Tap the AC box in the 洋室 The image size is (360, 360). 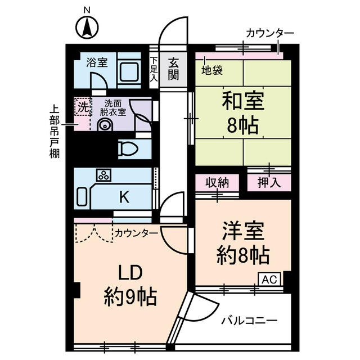[x=269, y=279]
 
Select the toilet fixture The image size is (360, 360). [x=128, y=148]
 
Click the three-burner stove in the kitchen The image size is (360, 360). [x=104, y=175]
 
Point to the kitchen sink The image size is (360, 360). [x=82, y=197]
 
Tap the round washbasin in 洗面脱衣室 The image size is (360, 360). [x=105, y=125]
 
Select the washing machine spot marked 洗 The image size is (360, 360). [x=83, y=106]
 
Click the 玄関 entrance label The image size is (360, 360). [x=173, y=69]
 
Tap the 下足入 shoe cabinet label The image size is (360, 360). [x=154, y=69]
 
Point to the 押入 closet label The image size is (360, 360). [x=269, y=183]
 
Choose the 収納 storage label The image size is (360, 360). [x=217, y=183]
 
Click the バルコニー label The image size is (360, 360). [x=250, y=321]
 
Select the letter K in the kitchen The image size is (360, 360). [x=124, y=197]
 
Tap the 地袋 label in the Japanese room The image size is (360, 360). [x=212, y=70]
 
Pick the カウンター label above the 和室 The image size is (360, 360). [x=270, y=34]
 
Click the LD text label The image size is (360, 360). [x=130, y=272]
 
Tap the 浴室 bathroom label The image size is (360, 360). [x=97, y=62]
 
